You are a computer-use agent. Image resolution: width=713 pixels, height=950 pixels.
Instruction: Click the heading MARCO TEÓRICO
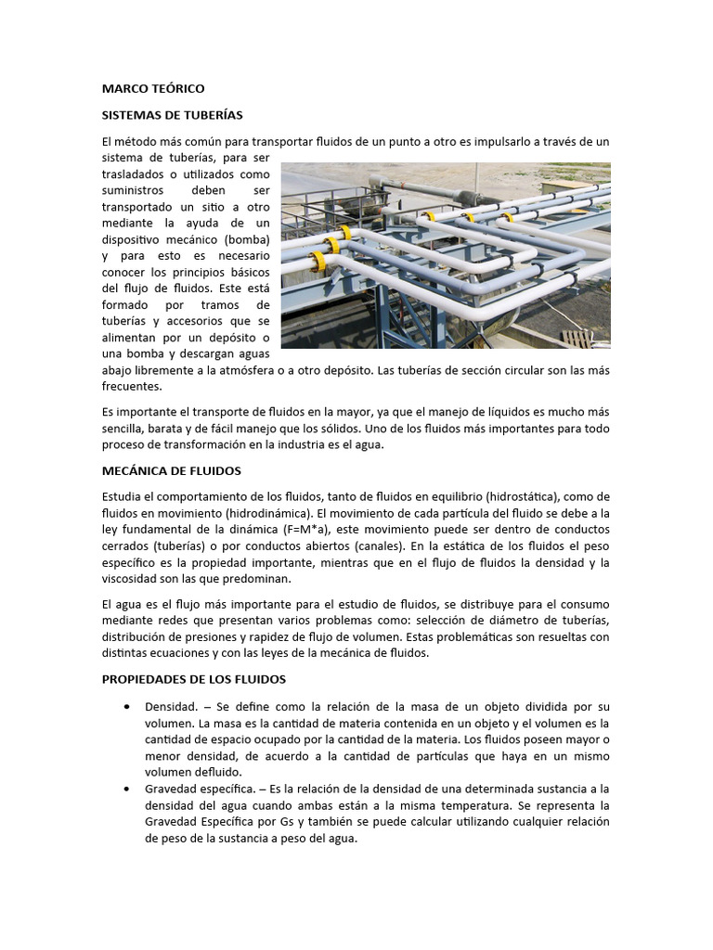152,88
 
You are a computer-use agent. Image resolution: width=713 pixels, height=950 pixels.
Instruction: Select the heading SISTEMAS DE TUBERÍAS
172,115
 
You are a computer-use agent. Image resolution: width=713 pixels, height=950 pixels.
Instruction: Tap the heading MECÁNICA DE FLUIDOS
171,471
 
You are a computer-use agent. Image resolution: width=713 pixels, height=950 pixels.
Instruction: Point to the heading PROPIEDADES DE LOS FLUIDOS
193,679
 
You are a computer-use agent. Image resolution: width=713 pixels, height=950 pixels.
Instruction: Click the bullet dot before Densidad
126,706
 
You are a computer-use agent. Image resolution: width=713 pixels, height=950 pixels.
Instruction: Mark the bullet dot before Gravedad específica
126,789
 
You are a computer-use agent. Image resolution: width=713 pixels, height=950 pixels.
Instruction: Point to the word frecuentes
132,386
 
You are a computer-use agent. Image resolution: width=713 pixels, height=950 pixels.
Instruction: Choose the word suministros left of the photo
134,189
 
